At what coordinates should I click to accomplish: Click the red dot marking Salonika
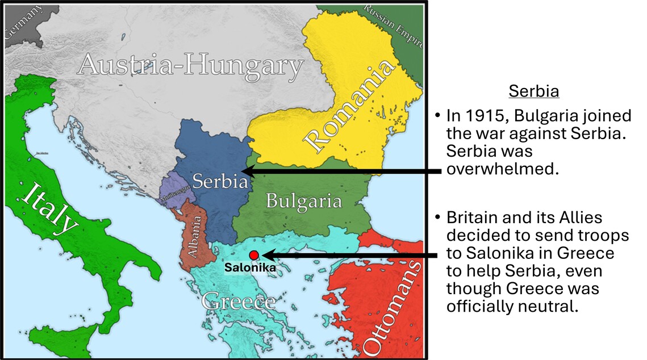click(254, 256)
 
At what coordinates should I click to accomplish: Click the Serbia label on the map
click(220, 181)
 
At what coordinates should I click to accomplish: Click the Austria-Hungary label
click(190, 65)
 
